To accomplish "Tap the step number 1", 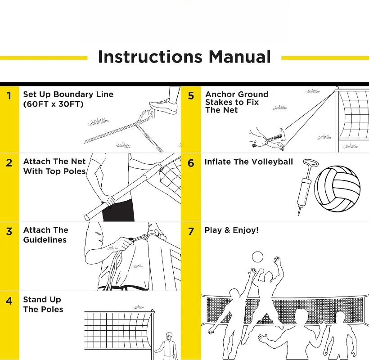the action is tap(9, 95).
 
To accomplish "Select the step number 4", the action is tap(9, 301).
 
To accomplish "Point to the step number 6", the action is tap(191, 163).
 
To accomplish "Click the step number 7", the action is tap(191, 231).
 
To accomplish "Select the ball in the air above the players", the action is tap(257, 257).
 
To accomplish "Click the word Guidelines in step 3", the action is tap(45, 240).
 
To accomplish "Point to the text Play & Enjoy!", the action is tap(231, 230).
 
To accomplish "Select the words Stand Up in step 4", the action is tap(42, 300).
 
